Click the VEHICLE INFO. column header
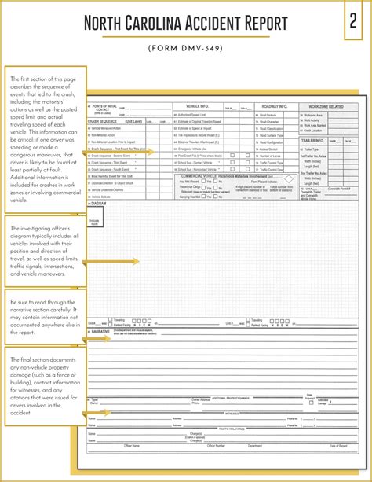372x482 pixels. point(197,105)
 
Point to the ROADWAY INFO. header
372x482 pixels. point(275,105)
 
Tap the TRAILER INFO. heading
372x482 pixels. point(313,140)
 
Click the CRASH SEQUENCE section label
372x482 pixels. point(104,121)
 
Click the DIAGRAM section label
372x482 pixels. point(98,203)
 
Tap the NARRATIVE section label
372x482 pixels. point(100,332)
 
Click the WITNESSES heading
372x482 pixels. point(232,412)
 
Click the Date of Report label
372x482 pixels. point(337,446)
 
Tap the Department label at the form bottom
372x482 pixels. point(255,446)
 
